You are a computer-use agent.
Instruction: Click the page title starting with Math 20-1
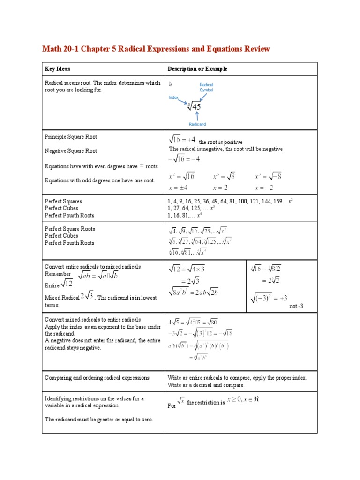[x=156, y=49]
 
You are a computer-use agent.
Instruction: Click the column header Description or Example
[x=197, y=69]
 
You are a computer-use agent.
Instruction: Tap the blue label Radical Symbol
[x=206, y=87]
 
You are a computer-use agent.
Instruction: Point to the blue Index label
[x=173, y=97]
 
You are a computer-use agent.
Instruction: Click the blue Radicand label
[x=197, y=124]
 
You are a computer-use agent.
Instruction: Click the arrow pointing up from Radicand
[x=197, y=116]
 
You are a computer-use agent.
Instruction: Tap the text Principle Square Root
[x=71, y=137]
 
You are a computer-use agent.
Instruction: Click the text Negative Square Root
[x=71, y=151]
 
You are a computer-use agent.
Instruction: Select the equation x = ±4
[x=178, y=187]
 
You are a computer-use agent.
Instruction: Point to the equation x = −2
[x=264, y=187]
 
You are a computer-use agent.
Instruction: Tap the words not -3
[x=296, y=306]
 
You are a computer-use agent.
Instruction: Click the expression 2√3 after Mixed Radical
[x=87, y=296]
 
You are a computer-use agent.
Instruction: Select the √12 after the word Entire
[x=67, y=284]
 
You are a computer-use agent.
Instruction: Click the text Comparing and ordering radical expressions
[x=97, y=377]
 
